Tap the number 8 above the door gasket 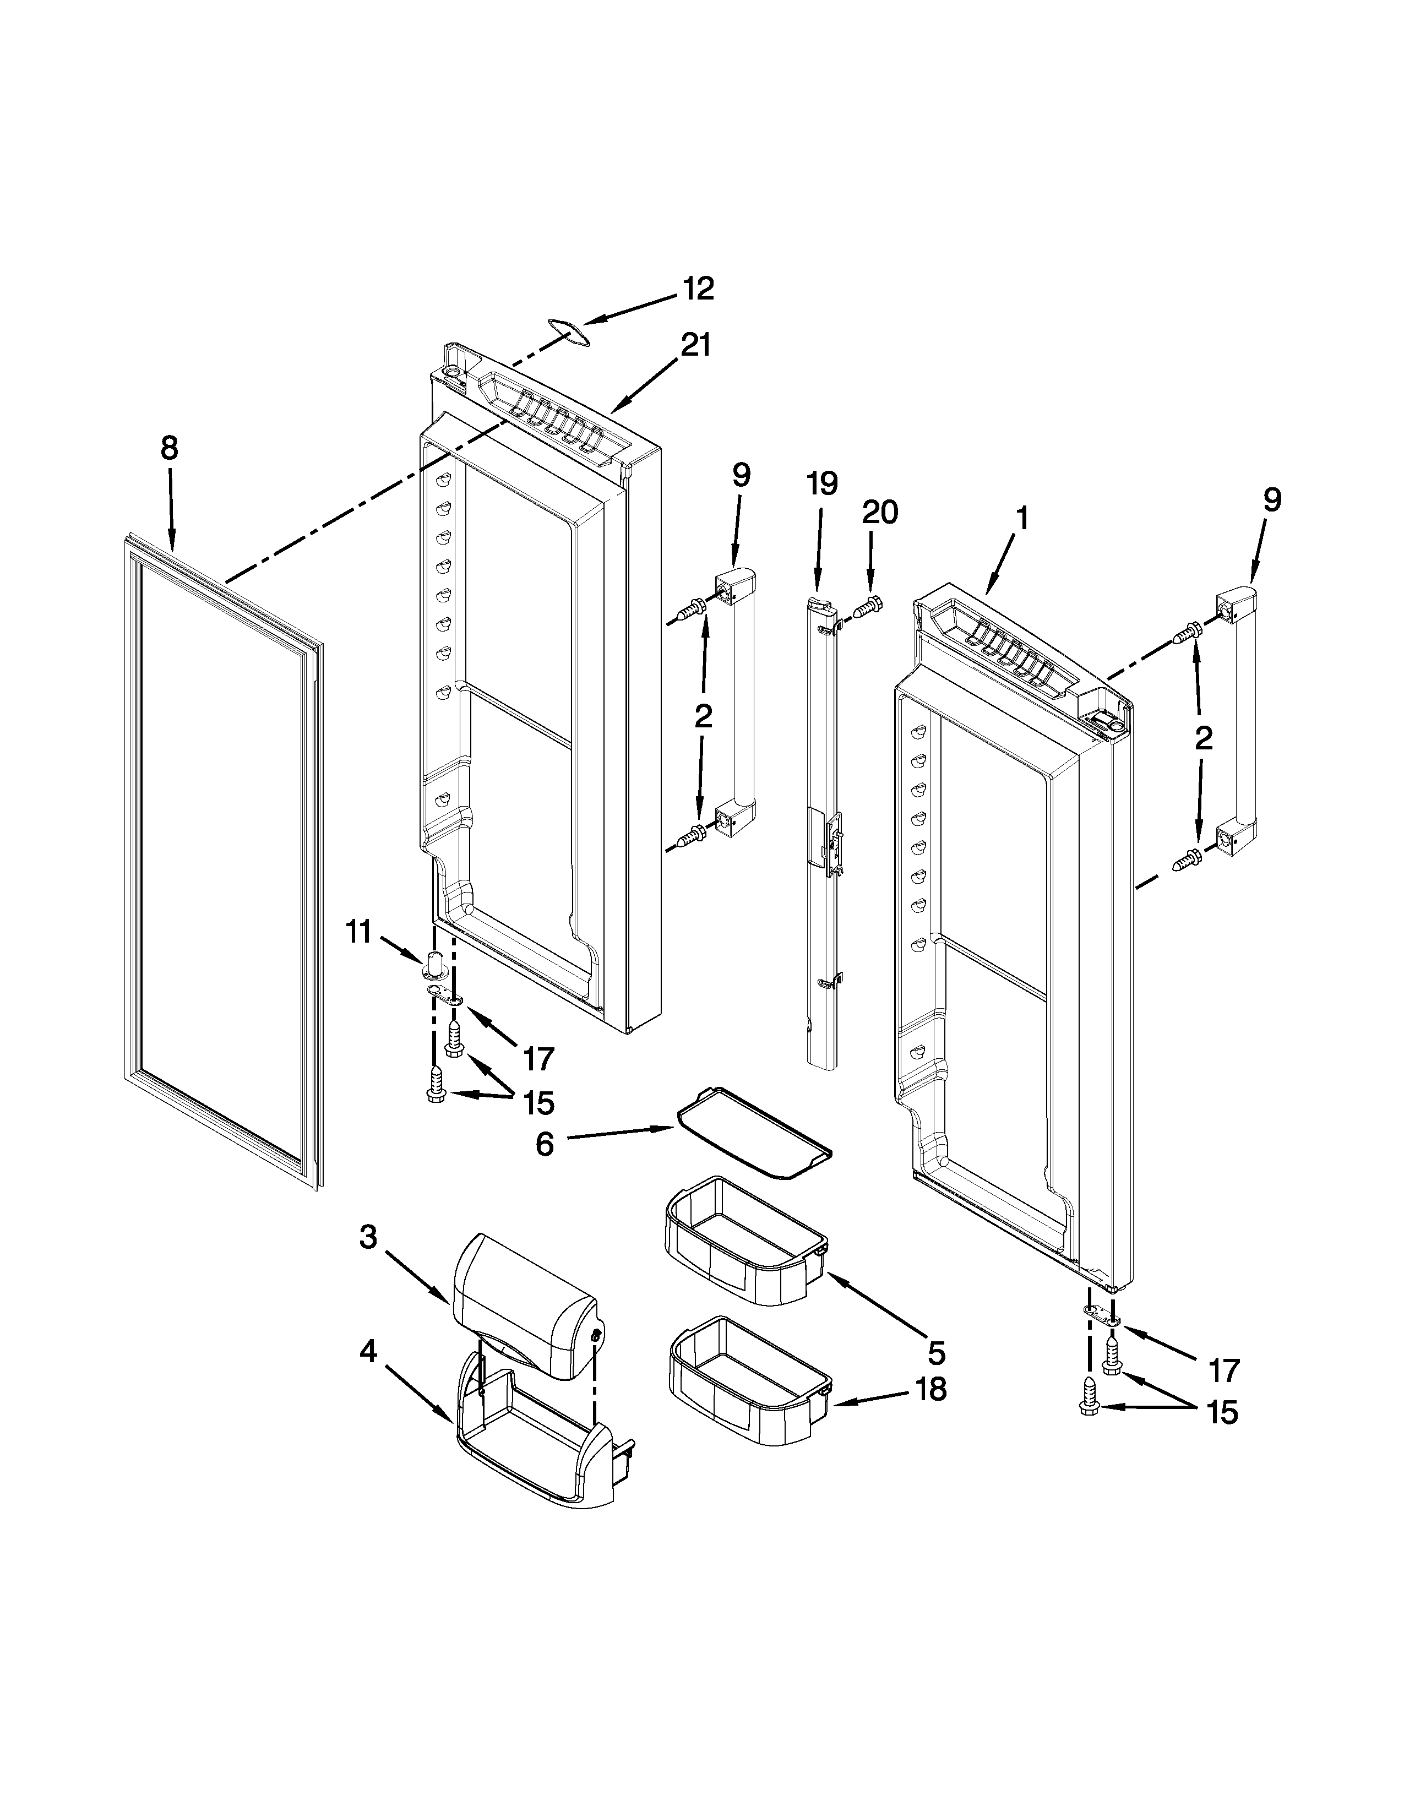(169, 449)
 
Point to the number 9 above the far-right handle (1272, 499)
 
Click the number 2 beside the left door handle (704, 716)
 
